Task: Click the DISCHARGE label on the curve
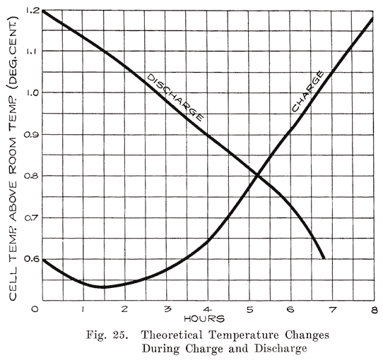tap(175, 96)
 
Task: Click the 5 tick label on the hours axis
tap(248, 310)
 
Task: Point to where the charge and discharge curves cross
tap(258, 174)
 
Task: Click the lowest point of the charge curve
tap(103, 287)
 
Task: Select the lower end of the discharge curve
tap(324, 258)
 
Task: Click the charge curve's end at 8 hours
tap(373, 18)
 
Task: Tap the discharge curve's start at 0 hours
tap(42, 11)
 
